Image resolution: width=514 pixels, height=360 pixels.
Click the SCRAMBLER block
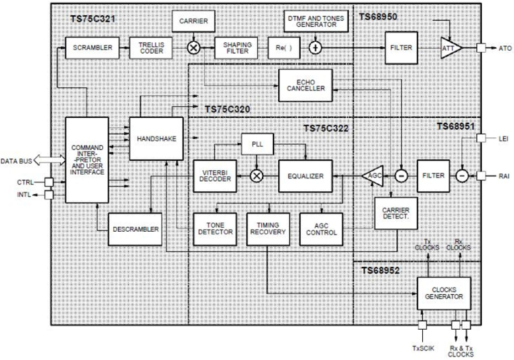click(x=88, y=48)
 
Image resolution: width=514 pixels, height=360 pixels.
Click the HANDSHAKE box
click(x=149, y=137)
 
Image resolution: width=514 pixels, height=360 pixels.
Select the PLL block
click(x=257, y=145)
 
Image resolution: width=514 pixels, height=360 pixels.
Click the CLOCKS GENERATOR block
click(x=444, y=293)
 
